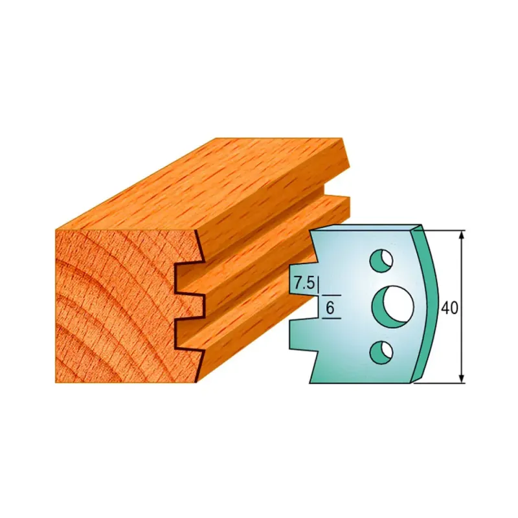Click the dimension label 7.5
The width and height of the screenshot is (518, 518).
pos(304,283)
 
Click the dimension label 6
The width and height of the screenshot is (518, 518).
pos(330,308)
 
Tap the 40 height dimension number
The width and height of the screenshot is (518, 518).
pos(449,308)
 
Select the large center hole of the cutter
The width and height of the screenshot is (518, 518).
pos(393,307)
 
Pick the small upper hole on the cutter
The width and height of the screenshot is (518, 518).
pos(381,261)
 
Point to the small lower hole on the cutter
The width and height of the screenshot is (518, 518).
pos(381,353)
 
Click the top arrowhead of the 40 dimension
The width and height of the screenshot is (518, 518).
pos(462,235)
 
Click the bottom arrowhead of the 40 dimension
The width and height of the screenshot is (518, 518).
pos(462,378)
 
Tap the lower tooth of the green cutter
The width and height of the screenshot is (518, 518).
pos(303,334)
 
